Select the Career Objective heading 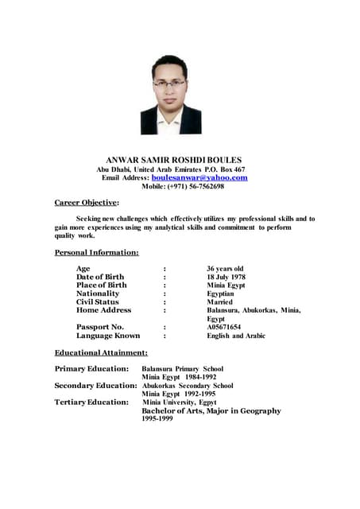(87, 203)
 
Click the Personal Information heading (96, 252)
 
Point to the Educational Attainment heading (101, 352)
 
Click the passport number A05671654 (224, 327)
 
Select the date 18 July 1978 (226, 277)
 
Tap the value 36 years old (225, 268)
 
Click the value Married (220, 301)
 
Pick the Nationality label (98, 293)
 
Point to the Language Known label (108, 336)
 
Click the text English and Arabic (236, 336)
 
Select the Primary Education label (91, 369)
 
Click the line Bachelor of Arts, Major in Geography (211, 411)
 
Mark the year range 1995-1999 (157, 419)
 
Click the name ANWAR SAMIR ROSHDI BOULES (180, 160)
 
